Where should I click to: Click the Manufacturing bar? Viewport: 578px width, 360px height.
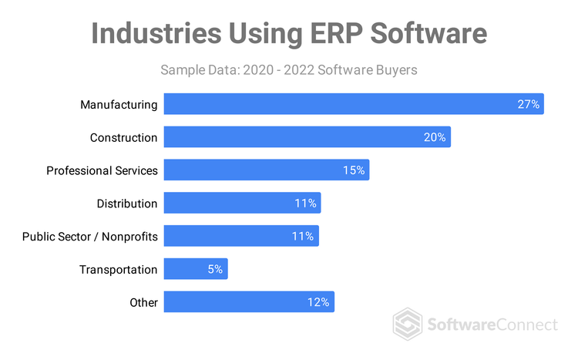[354, 104]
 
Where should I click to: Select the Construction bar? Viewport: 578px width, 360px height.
[307, 137]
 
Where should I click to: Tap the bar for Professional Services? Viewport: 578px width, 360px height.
[266, 170]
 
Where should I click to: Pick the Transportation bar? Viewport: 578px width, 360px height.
[196, 269]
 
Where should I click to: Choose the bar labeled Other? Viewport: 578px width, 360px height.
[249, 302]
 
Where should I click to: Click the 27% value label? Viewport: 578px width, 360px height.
[528, 104]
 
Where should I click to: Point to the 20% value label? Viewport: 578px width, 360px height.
[435, 137]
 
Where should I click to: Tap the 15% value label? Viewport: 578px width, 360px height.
[354, 170]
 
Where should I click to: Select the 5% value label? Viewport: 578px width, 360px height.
[214, 269]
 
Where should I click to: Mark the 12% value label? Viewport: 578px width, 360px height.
[319, 302]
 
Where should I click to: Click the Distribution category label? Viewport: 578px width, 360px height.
[127, 204]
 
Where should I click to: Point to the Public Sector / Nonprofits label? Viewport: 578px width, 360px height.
[90, 237]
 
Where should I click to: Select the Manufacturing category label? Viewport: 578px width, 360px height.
[119, 105]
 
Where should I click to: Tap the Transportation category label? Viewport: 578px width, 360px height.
[119, 270]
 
